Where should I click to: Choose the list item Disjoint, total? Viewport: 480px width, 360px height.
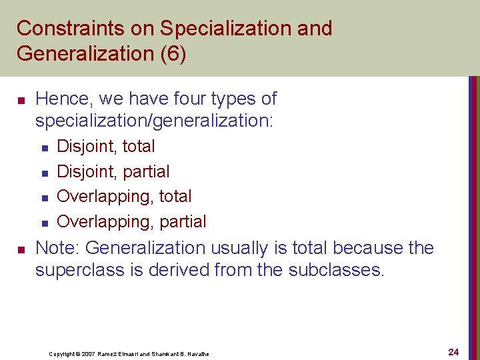[106, 147]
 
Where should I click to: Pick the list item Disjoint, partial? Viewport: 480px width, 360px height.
[113, 172]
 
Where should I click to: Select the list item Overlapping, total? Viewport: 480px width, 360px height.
[124, 197]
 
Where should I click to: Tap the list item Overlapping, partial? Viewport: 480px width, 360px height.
[131, 221]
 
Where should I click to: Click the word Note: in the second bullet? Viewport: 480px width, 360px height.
[58, 248]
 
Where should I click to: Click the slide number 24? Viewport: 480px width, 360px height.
[453, 351]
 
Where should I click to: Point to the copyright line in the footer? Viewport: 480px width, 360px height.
[129, 353]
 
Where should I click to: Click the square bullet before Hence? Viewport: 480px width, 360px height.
[20, 101]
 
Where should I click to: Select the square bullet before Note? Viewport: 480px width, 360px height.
[20, 250]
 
